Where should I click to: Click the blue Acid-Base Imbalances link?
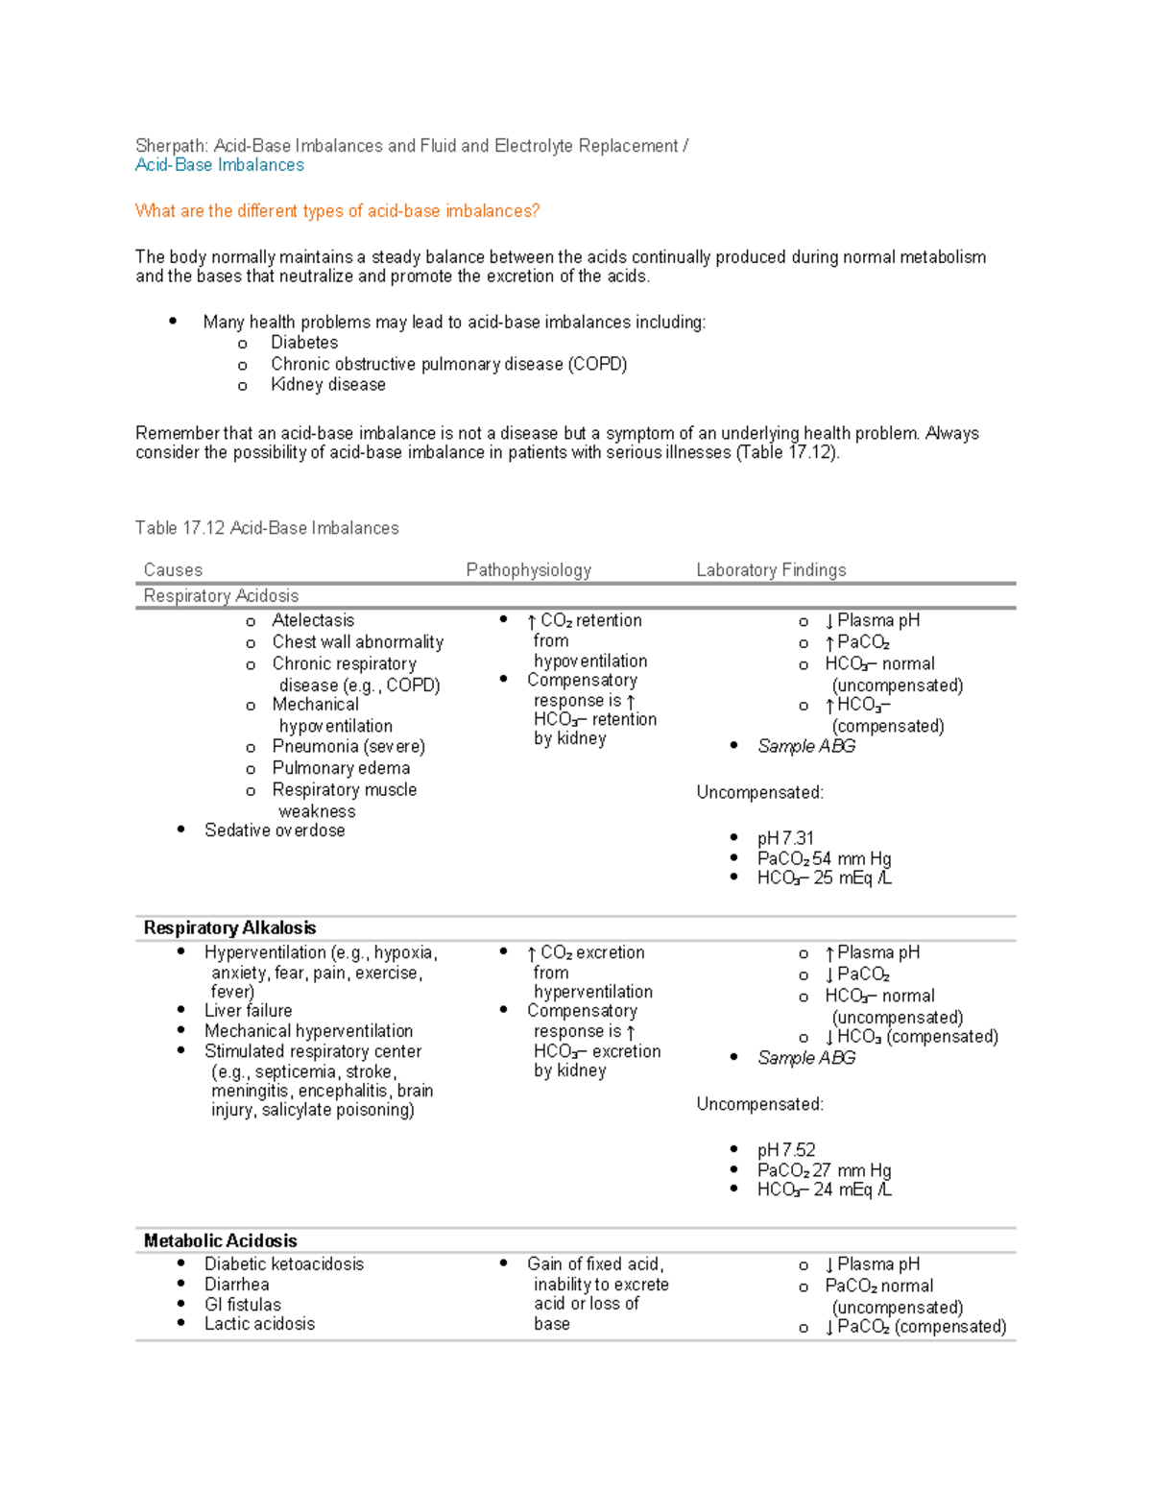(219, 165)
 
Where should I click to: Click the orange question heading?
(337, 211)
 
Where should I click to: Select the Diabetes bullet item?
(303, 343)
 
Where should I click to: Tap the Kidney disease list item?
(327, 385)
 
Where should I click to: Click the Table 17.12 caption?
(267, 528)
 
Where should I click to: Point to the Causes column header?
(173, 570)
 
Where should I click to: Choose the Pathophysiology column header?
(528, 570)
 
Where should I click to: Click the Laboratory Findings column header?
(771, 570)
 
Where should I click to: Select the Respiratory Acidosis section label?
(221, 596)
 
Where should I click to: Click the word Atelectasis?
(313, 620)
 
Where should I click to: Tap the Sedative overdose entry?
(275, 830)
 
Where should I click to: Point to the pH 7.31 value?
(785, 838)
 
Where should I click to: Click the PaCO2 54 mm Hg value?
(824, 858)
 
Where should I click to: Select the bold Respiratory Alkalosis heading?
(229, 928)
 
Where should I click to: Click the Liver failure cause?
(248, 1011)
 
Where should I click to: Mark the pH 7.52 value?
(785, 1150)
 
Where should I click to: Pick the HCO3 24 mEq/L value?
(824, 1190)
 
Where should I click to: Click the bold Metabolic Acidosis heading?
(220, 1241)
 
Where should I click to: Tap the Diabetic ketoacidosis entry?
(283, 1264)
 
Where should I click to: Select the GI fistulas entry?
(242, 1305)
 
